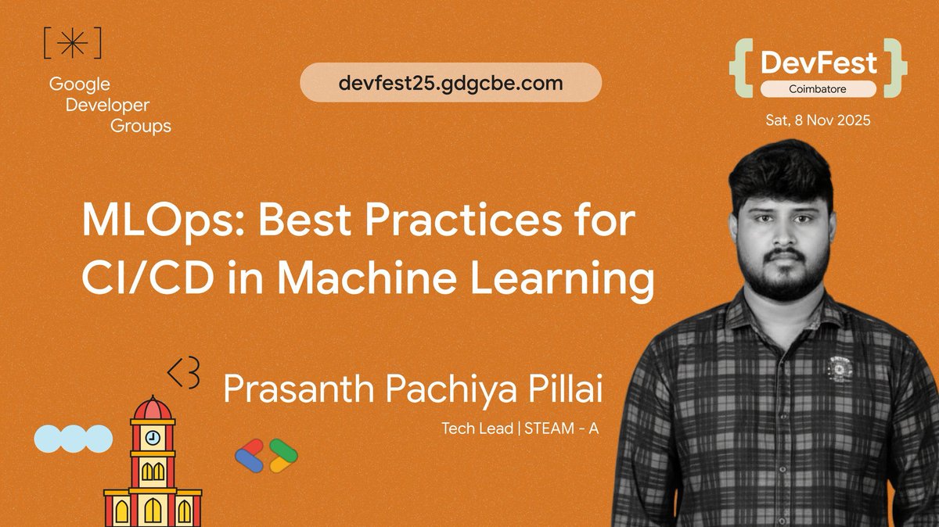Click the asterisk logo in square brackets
73,45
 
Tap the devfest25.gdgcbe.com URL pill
451,83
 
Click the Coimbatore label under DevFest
819,88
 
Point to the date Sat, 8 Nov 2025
818,121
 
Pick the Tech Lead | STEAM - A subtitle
520,428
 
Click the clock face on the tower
153,437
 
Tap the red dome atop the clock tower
153,407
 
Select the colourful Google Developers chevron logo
266,455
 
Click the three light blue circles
74,438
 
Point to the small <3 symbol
185,374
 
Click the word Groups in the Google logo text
141,125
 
